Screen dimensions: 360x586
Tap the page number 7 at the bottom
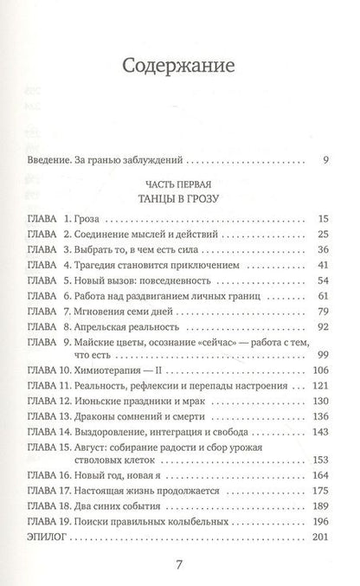point(180,566)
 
